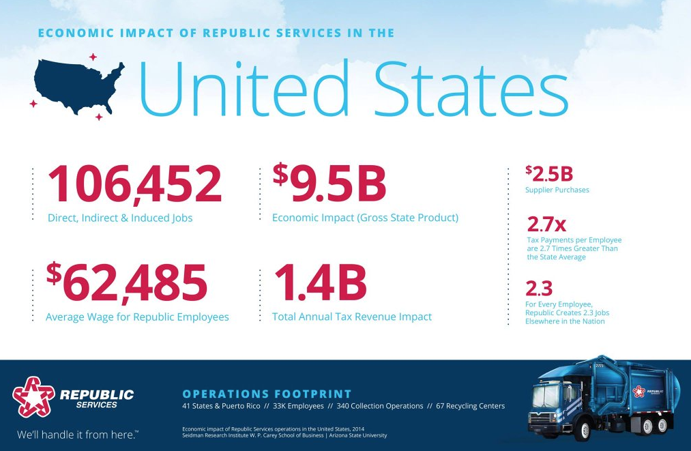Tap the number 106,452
(134, 184)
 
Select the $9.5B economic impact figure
(329, 183)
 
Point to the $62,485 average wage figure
(126, 282)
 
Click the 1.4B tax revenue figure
(321, 282)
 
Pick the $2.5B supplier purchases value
(549, 174)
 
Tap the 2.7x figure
(546, 224)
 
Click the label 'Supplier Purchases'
(557, 190)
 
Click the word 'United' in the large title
(244, 88)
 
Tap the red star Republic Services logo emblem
(33, 397)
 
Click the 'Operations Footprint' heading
(267, 394)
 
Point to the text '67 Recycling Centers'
(470, 406)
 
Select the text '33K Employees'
(298, 406)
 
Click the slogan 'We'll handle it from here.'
(78, 435)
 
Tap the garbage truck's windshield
(546, 396)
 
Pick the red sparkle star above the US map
(93, 57)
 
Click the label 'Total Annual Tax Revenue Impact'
(352, 317)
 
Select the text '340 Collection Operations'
(380, 406)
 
